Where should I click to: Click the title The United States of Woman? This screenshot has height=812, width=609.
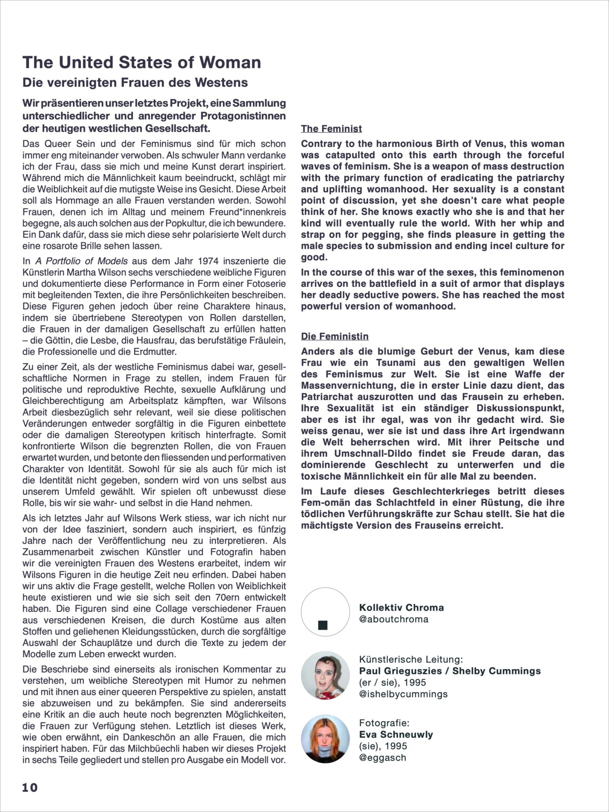coord(142,63)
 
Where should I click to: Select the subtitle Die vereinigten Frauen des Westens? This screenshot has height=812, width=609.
coord(135,82)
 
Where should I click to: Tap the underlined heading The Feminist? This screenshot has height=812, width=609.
coord(331,129)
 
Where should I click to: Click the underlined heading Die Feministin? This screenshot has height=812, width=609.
coord(335,336)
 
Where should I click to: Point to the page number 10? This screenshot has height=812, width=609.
coord(30,787)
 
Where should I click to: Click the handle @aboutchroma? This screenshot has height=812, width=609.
coord(393,619)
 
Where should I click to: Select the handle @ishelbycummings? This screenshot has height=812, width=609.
coord(403,694)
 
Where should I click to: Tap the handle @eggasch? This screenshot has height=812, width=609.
coord(382,757)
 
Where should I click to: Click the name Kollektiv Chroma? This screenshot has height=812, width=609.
coord(401,608)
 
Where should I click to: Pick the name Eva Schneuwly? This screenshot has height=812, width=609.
coord(396,734)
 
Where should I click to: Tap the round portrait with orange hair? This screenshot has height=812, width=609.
coord(325,739)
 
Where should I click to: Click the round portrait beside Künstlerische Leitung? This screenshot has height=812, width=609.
coord(325,675)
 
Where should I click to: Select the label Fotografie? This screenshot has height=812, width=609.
coord(384,723)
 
